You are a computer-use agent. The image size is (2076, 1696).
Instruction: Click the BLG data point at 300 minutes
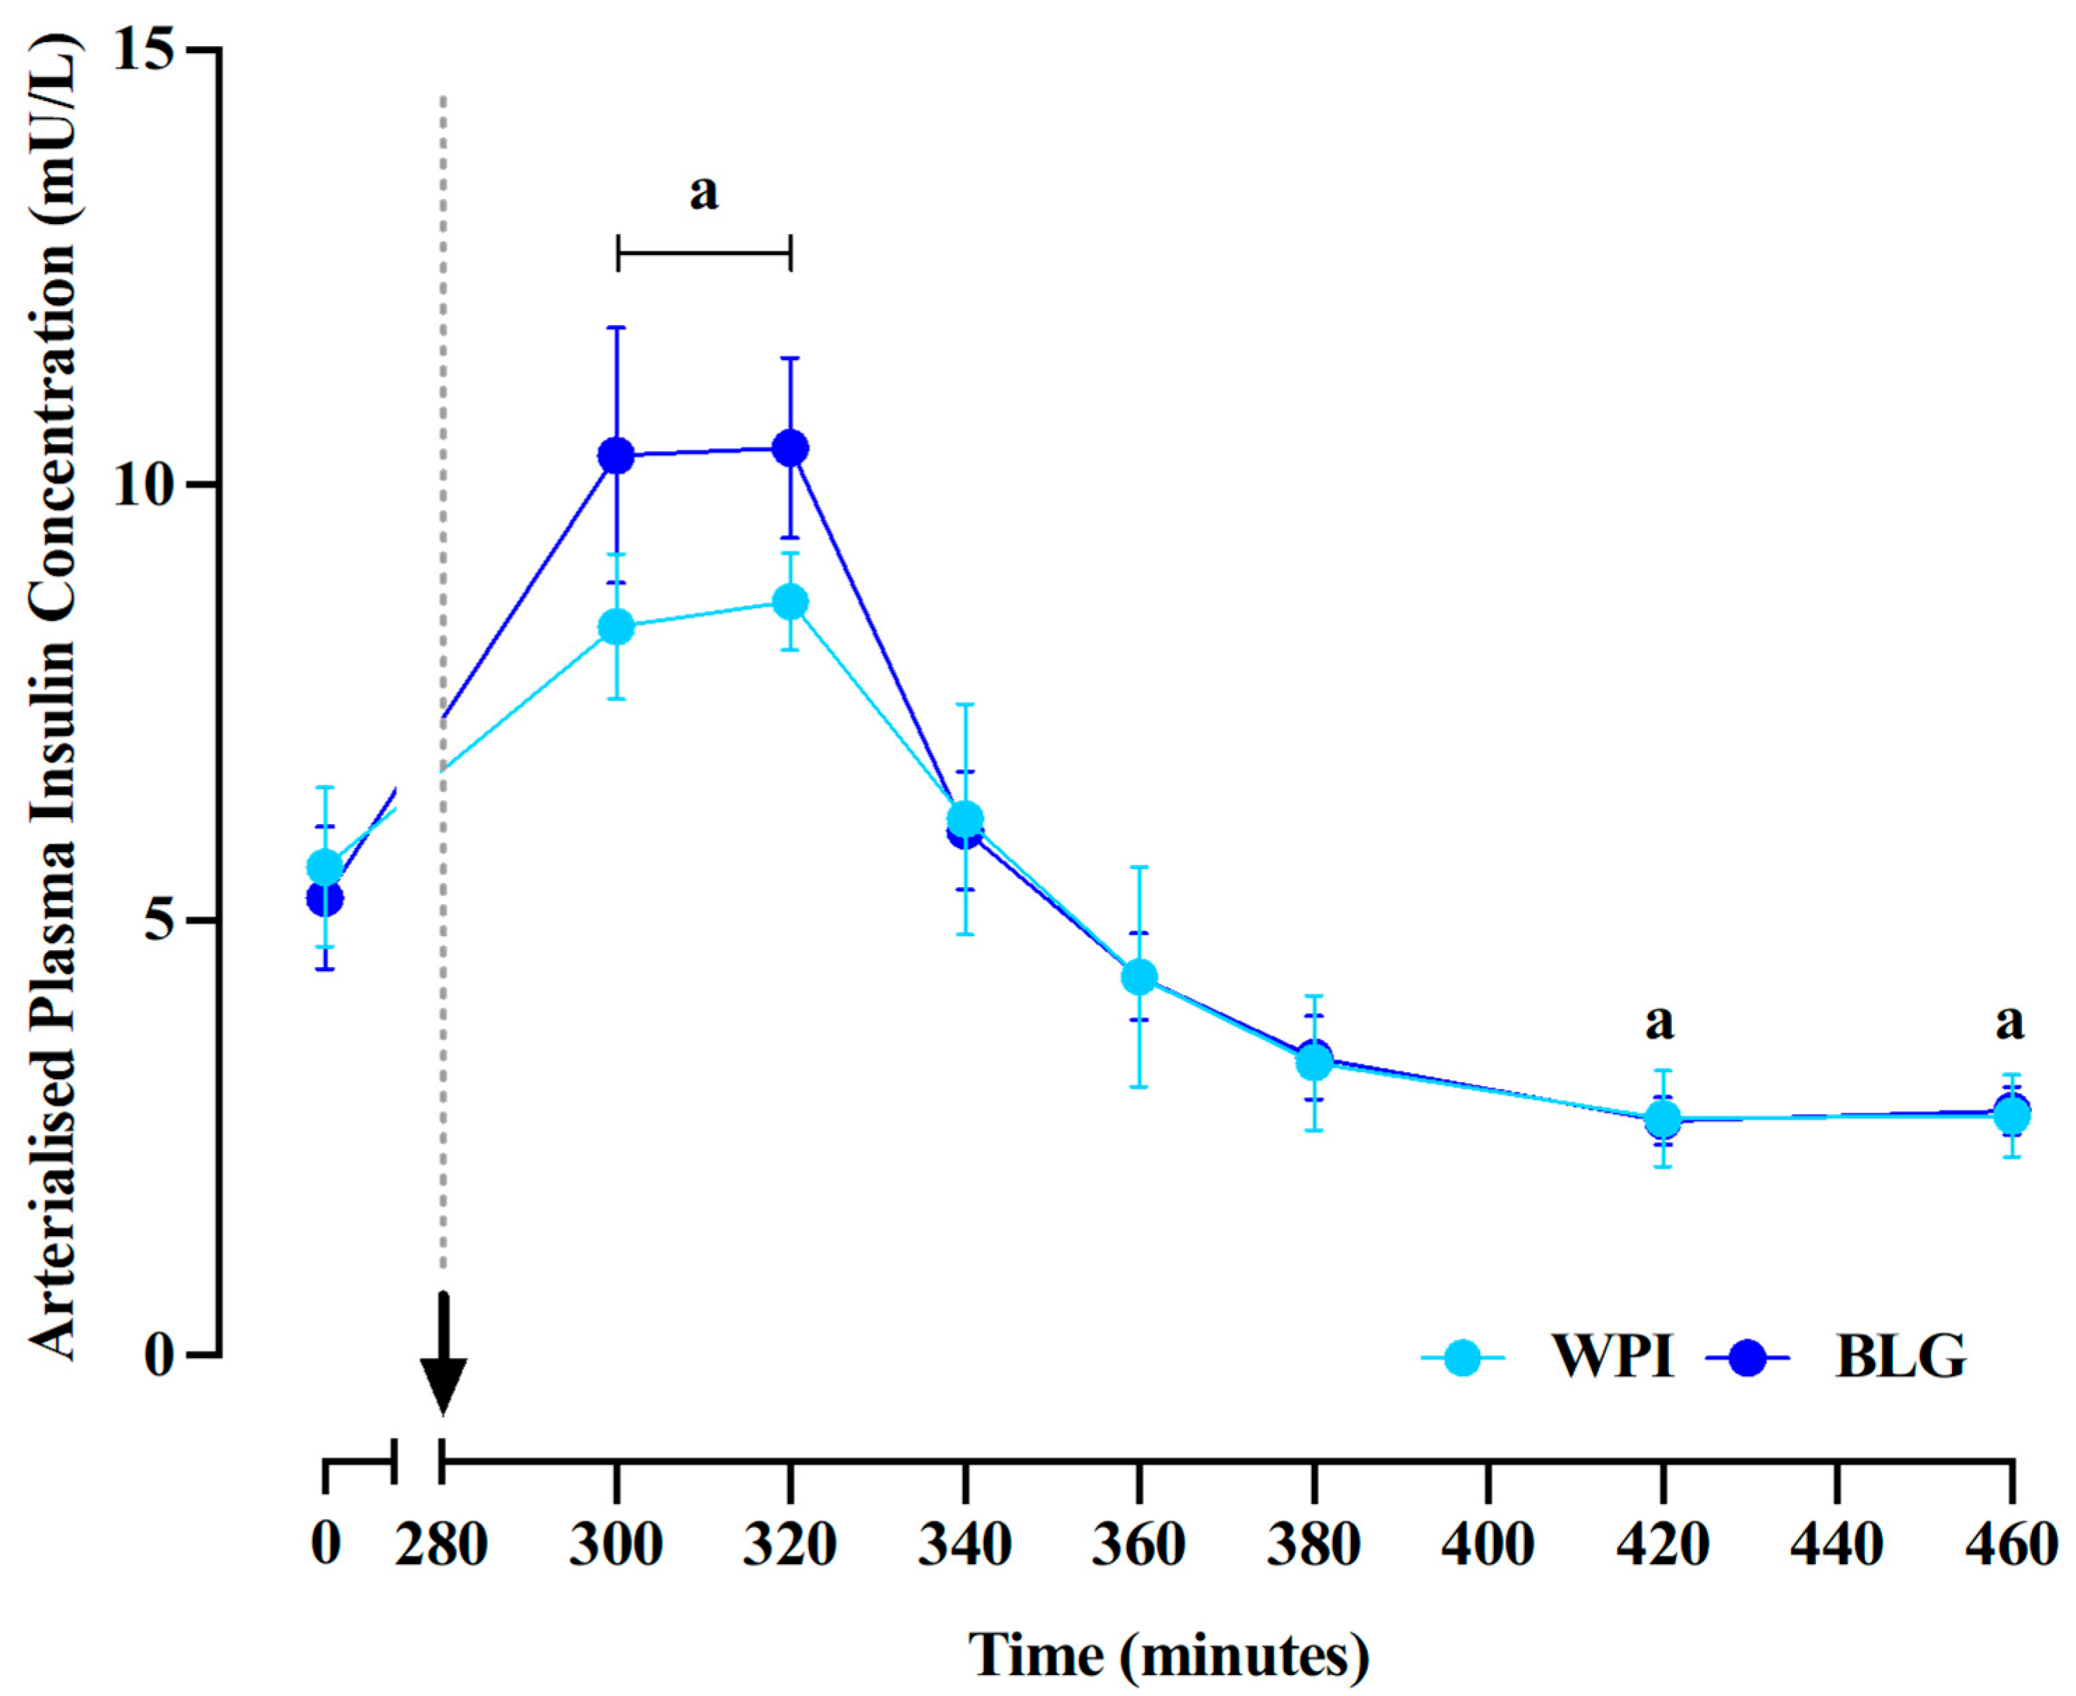616,455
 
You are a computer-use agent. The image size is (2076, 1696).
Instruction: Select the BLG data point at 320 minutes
790,448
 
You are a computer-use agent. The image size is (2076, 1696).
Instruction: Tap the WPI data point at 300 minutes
616,626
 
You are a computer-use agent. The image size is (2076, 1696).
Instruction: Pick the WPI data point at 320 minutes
790,602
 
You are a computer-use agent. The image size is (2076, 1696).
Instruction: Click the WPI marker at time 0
325,867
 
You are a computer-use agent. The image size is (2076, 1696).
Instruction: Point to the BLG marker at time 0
325,898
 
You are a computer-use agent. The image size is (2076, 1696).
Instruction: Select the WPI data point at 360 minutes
1139,976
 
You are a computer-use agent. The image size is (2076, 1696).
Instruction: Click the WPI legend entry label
1614,1357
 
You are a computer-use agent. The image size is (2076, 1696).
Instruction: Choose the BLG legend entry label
1900,1357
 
